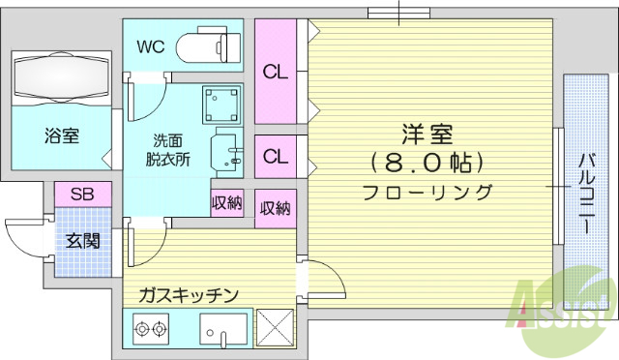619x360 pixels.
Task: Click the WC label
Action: (151, 45)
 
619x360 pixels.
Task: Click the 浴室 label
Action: (61, 135)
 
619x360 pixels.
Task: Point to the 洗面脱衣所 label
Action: (168, 147)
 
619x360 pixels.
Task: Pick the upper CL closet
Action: (276, 71)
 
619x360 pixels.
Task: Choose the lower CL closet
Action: (276, 155)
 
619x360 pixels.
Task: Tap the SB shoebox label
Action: (82, 194)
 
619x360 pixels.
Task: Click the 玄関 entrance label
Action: (81, 240)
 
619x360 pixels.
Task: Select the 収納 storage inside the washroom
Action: (227, 203)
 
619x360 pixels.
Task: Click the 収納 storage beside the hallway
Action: (276, 207)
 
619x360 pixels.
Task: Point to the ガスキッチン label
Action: (188, 295)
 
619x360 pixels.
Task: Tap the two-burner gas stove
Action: (149, 331)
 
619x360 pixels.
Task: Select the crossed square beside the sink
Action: (275, 330)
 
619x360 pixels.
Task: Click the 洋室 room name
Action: (427, 134)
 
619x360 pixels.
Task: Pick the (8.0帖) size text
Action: (427, 161)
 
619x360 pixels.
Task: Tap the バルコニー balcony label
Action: (587, 194)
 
